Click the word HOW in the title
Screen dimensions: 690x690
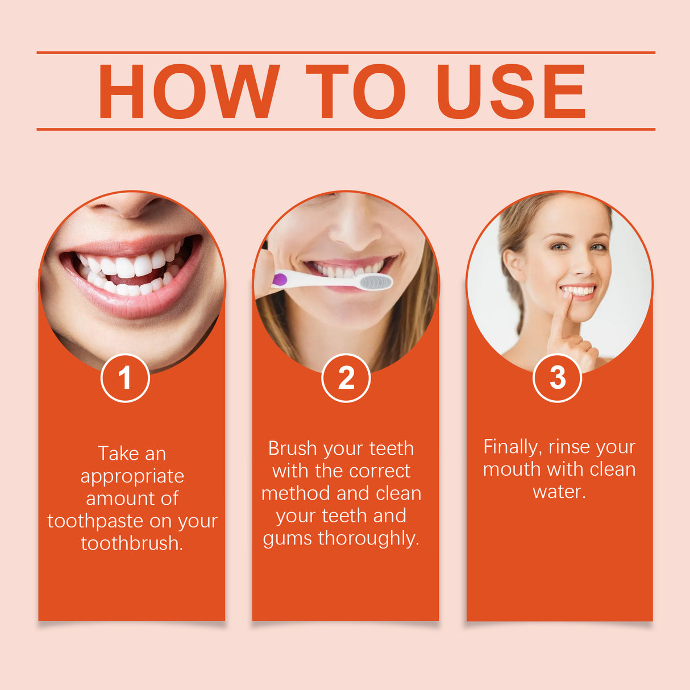(x=189, y=92)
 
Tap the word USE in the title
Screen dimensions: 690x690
(x=510, y=92)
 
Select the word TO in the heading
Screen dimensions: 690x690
(x=356, y=92)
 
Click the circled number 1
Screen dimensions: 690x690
(x=125, y=378)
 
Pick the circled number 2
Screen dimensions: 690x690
(x=346, y=378)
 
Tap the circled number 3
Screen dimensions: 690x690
(x=557, y=377)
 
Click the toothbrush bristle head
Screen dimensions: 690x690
(x=376, y=281)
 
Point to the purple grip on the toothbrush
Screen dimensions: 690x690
(x=280, y=279)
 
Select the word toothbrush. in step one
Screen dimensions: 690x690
(x=132, y=543)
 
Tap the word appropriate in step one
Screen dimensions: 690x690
(x=132, y=476)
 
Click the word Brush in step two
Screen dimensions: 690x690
(x=292, y=448)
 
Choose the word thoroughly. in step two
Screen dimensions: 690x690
(x=369, y=538)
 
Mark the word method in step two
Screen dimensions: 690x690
(x=295, y=493)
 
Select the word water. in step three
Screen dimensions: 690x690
(x=559, y=492)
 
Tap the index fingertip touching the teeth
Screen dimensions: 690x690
(x=567, y=295)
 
